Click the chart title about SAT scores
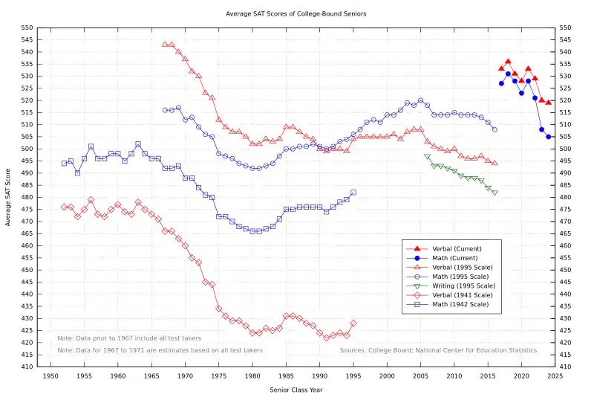[x=296, y=13]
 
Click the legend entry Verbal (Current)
[x=456, y=248]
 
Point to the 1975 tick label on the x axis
[x=219, y=377]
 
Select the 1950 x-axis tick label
[x=51, y=377]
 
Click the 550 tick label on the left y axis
[x=27, y=28]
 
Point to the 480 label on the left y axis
[x=27, y=197]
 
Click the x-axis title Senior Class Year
[x=296, y=389]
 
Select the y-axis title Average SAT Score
[x=8, y=197]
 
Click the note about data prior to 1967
[x=119, y=338]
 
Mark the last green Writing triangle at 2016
[x=495, y=193]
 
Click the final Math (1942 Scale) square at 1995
[x=353, y=192]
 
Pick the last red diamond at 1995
[x=353, y=323]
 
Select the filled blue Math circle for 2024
[x=549, y=137]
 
